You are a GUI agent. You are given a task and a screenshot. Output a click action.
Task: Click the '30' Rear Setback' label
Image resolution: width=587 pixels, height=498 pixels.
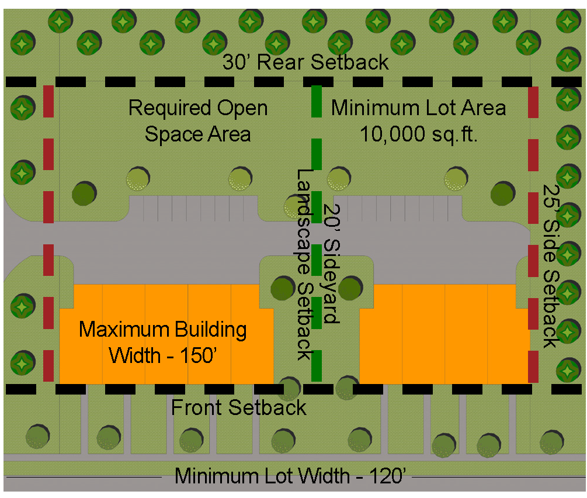click(305, 63)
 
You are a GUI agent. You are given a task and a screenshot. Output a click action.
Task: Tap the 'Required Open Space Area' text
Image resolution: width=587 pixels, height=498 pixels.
click(198, 121)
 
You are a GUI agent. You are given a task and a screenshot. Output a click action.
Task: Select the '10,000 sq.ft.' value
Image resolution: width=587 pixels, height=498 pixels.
click(419, 134)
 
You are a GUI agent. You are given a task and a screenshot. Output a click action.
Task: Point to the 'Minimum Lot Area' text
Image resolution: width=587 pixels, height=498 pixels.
click(419, 108)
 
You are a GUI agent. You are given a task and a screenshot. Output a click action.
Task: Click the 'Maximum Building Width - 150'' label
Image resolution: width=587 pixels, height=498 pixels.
click(164, 342)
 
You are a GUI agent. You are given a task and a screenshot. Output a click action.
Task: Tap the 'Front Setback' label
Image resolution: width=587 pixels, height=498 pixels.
click(238, 407)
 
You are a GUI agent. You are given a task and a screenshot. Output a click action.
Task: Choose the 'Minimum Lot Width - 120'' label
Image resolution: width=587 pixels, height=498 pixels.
click(290, 476)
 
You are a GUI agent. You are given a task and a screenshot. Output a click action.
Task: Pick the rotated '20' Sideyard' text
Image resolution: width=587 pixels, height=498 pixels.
click(331, 263)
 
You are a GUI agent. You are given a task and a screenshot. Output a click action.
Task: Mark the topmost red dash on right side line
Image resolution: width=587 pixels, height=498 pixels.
click(533, 102)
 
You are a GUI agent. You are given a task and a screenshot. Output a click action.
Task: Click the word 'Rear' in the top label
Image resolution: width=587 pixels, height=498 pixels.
click(283, 63)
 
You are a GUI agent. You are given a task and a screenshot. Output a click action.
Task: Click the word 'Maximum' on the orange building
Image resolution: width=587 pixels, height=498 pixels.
click(120, 330)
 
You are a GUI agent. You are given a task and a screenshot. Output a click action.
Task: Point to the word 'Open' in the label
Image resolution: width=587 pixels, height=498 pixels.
click(242, 109)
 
